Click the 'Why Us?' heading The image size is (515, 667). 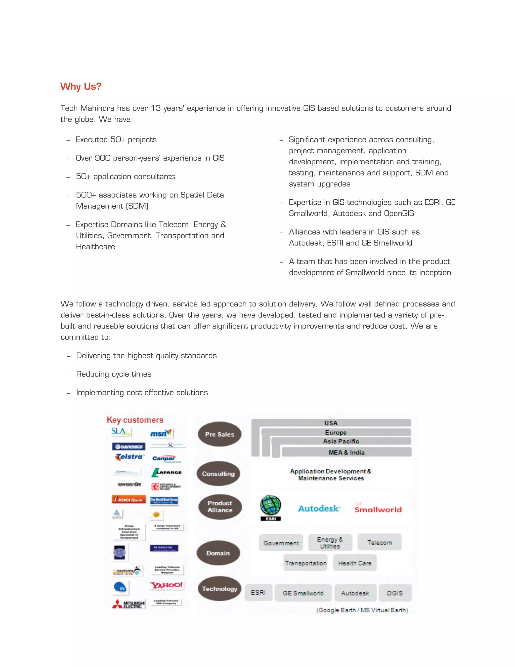80,86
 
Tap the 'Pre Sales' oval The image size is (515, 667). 219,434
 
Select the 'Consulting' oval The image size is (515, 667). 218,474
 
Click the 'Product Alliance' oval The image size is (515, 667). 220,507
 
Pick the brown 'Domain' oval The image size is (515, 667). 218,553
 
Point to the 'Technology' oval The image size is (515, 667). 219,588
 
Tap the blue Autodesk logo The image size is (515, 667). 319,508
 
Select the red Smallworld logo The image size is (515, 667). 378,509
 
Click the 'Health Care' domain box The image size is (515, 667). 355,563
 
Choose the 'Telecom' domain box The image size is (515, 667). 379,542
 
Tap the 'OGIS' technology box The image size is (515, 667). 395,593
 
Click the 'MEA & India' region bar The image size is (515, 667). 347,452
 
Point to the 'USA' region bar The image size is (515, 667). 331,423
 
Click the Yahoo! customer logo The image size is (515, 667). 166,585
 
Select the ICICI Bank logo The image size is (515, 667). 129,500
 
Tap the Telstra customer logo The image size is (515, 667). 129,457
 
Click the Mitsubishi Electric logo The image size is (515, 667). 129,604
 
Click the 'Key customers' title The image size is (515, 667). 135,420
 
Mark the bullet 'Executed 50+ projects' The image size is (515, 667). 116,140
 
